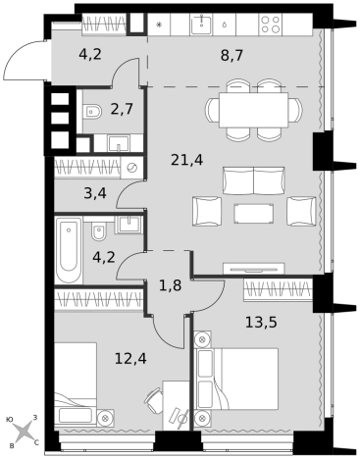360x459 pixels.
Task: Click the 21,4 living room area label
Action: (x=186, y=160)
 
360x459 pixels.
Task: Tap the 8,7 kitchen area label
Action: (x=231, y=56)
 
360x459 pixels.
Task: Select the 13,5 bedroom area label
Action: (x=261, y=323)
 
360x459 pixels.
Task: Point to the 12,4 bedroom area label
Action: (x=130, y=359)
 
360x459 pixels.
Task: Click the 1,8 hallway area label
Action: (x=170, y=285)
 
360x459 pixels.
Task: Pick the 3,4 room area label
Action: (x=95, y=194)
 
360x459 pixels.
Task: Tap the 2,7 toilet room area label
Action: (x=122, y=109)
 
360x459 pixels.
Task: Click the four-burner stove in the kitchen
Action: (x=271, y=25)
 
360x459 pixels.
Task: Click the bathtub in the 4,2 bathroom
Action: (x=69, y=249)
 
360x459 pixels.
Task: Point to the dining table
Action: (x=253, y=110)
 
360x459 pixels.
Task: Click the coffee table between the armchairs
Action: (x=254, y=214)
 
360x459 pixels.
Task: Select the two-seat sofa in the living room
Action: (x=253, y=180)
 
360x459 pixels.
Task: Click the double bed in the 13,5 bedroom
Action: (x=236, y=379)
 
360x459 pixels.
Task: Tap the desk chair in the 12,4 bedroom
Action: (x=154, y=400)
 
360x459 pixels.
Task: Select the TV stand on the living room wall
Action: (x=254, y=269)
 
